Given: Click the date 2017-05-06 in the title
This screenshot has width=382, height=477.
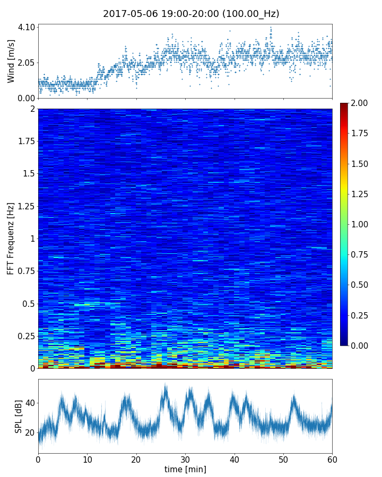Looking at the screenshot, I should point(128,14).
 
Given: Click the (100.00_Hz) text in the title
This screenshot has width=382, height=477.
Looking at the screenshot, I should point(250,14).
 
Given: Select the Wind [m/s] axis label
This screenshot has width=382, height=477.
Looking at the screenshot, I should point(11,60).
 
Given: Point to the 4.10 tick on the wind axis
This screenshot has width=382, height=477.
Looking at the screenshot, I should point(27,27).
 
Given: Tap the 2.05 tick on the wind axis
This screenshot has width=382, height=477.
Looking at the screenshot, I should point(27,63).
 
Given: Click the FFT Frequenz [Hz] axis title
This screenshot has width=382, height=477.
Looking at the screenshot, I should point(11,238).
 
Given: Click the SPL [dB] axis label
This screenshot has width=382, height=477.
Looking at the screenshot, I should point(19,416).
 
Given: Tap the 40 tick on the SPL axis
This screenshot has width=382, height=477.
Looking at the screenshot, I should point(30,403).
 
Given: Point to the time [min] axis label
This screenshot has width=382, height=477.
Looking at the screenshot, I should point(185,469).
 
